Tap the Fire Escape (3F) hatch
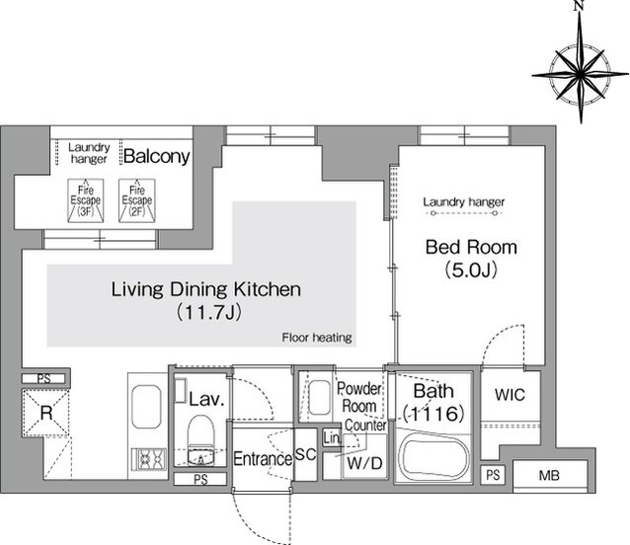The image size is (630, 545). [x=86, y=200]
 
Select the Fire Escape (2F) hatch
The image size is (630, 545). [x=137, y=200]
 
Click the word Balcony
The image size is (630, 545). [x=157, y=156]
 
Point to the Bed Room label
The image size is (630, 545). [x=471, y=247]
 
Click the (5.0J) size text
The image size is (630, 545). [x=471, y=270]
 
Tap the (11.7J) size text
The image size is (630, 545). [x=209, y=312]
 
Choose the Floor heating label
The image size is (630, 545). [x=317, y=338]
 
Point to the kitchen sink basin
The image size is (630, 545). [x=146, y=407]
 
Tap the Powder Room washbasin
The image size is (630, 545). [x=319, y=397]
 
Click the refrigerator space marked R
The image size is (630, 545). [x=46, y=413]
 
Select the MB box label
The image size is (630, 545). [x=549, y=476]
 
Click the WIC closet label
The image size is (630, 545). [x=510, y=395]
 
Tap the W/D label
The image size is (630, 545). [x=364, y=463]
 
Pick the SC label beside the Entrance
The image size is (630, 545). [x=306, y=454]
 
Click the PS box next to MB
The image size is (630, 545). [x=493, y=475]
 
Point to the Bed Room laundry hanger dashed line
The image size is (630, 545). [x=464, y=213]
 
